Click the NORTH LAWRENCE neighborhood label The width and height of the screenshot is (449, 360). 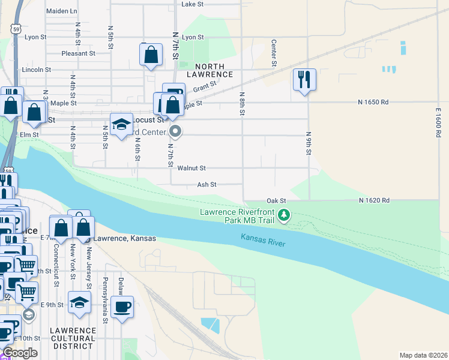click(205, 70)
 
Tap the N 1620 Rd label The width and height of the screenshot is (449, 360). click(375, 200)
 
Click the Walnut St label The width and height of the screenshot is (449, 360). click(196, 169)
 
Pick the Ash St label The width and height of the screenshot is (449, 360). click(206, 185)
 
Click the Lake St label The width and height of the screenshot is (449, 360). click(193, 4)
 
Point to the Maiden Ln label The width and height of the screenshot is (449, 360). click(62, 11)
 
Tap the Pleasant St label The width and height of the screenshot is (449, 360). click(79, 53)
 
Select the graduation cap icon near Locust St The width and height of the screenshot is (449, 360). click(121, 124)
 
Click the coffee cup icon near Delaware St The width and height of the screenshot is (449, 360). click(122, 307)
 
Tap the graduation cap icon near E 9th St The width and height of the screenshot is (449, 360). click(79, 303)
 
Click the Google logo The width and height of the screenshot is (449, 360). click(20, 353)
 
